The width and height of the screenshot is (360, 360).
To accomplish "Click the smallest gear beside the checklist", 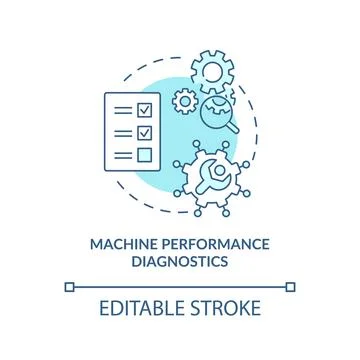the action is tap(184, 101).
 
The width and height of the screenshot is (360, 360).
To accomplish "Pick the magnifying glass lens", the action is tap(220, 112).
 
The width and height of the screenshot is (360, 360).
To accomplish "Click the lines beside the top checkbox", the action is tap(121, 108).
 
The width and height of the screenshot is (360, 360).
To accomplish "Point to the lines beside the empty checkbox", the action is tap(121, 154).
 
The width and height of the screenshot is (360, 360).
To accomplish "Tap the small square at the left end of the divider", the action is tap(68, 286).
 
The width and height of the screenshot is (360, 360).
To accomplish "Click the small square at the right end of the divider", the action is tap(292, 286).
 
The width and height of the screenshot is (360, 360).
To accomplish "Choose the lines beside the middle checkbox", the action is tap(121, 131).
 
